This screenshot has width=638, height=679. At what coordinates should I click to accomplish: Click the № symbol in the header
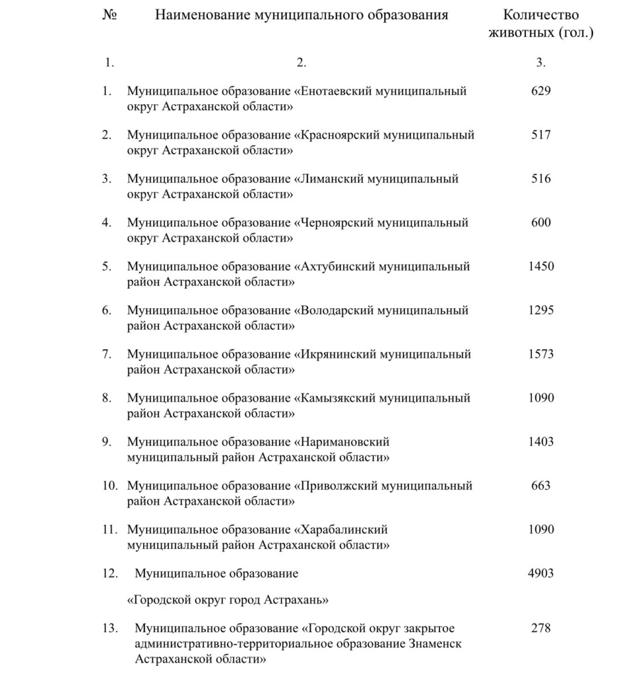[109, 15]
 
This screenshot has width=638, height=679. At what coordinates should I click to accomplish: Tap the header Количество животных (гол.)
[541, 24]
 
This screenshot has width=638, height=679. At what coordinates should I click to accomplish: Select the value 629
[541, 91]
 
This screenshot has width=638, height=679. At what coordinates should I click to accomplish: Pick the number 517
[541, 135]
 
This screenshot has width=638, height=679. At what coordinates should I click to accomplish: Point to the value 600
[541, 223]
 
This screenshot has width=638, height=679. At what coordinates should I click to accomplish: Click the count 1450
[541, 267]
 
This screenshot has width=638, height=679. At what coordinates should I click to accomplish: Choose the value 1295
[541, 310]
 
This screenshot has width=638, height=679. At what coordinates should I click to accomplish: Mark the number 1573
[541, 354]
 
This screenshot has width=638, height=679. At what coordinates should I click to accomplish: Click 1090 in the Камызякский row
[541, 398]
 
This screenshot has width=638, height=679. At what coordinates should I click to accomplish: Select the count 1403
[541, 442]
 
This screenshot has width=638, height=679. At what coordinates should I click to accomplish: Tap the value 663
[541, 485]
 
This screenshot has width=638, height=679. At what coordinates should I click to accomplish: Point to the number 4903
[541, 573]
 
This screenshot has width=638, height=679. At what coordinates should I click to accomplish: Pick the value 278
[541, 628]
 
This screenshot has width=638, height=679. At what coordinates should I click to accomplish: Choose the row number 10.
[109, 486]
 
